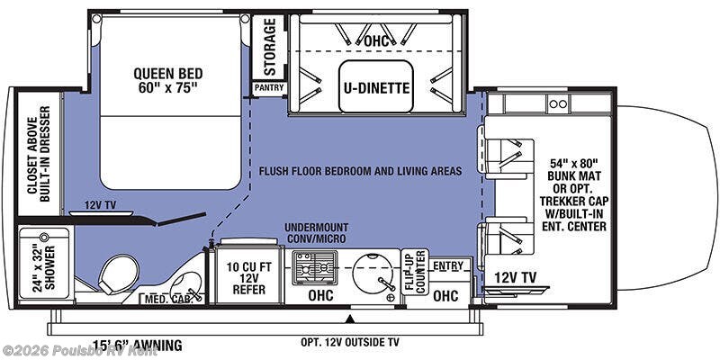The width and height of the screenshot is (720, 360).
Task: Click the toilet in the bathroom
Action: click(118, 274)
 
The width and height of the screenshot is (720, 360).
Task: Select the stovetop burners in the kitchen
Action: click(315, 268)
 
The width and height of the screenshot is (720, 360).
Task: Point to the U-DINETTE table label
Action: click(376, 86)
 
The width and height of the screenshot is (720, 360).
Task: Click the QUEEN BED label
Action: click(168, 79)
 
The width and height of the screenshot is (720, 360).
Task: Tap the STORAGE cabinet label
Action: click(269, 47)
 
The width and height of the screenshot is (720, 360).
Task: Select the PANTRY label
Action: click(269, 87)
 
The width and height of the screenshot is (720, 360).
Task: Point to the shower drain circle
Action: click(44, 238)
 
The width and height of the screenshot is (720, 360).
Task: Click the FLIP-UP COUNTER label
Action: click(415, 272)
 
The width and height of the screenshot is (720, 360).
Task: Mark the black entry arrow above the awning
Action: click(350, 318)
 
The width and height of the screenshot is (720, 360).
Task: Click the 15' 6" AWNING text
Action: click(138, 345)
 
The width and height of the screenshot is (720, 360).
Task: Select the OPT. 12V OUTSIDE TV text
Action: click(350, 342)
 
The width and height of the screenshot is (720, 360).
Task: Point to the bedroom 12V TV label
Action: click(100, 205)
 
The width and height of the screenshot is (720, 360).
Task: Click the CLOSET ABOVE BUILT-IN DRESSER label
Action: click(39, 154)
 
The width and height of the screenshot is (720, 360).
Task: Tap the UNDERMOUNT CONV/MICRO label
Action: click(317, 233)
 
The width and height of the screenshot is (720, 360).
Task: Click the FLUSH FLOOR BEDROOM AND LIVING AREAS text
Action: click(360, 171)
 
